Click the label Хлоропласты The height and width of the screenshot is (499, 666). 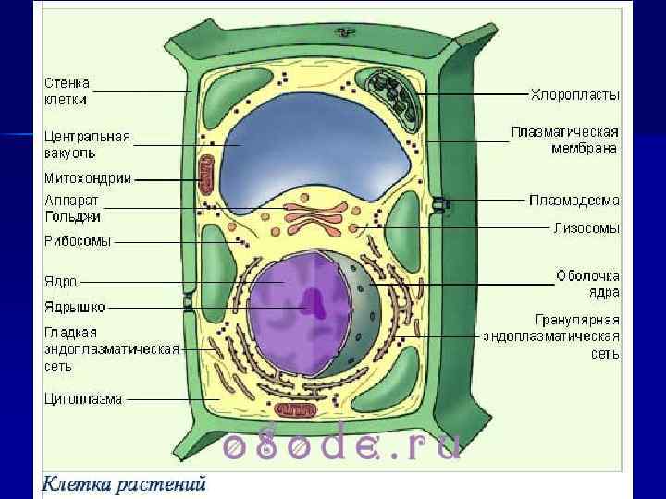574,95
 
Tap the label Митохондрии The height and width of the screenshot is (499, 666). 88,177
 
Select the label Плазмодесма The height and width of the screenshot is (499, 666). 574,200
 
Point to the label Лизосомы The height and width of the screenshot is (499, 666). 586,227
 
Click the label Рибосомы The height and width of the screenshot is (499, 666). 78,241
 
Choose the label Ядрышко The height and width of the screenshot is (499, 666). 75,308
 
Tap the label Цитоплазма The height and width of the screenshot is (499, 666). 83,399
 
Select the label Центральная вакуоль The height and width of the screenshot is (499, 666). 88,145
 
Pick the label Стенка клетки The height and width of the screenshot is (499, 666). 67,91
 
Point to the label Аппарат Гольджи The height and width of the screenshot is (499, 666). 73,208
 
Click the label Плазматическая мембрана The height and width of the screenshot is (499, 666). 565,139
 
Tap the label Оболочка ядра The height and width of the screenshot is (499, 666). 588,284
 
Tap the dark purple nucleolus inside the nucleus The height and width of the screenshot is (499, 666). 315,304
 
